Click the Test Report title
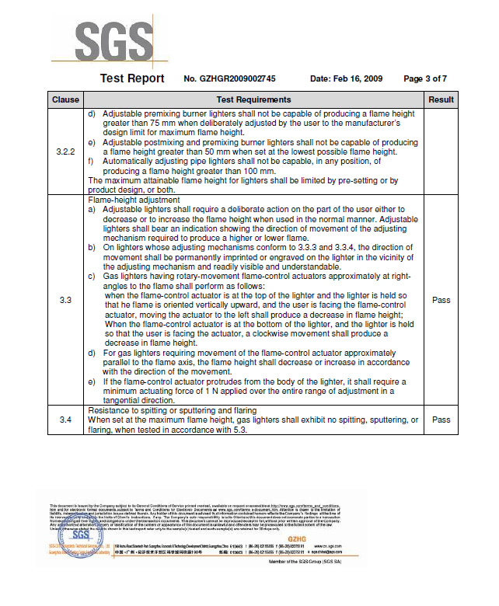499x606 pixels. (132, 78)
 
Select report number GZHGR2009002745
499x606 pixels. (230, 79)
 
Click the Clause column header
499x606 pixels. (66, 99)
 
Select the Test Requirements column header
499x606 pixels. (253, 99)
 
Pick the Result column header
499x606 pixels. (441, 99)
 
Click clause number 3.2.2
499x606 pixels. (66, 151)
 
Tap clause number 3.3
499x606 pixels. (66, 300)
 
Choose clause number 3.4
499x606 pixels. (66, 420)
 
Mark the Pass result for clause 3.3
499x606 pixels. (441, 300)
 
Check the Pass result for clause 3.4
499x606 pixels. (441, 420)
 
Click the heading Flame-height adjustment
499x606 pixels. (134, 200)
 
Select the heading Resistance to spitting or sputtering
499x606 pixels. (173, 410)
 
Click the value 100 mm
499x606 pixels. (260, 171)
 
